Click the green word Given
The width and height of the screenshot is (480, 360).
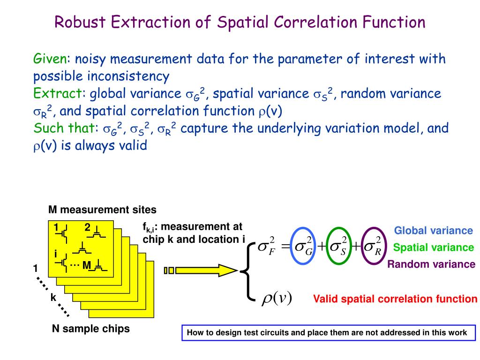point(50,59)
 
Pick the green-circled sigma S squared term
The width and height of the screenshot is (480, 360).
point(339,247)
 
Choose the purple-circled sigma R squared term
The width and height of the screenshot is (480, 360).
point(373,247)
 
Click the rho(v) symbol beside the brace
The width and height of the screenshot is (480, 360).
point(277,298)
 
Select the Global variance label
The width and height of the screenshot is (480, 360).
point(433,231)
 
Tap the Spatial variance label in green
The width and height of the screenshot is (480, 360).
point(433,247)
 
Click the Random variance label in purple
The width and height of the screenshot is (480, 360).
point(431,264)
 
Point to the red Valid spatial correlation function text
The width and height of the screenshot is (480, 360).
point(395,299)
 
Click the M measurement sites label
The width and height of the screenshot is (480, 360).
point(102,210)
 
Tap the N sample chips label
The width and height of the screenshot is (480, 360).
point(90,329)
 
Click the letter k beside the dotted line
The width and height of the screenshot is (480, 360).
point(53,297)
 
